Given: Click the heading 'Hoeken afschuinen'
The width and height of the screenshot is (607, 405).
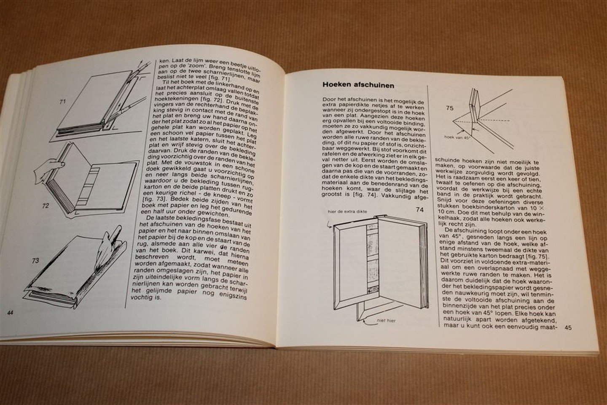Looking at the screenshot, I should pyautogui.click(x=358, y=85).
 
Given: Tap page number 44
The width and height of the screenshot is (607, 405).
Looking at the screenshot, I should pyautogui.click(x=11, y=312).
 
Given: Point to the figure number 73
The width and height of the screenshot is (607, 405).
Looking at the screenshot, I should pyautogui.click(x=36, y=260).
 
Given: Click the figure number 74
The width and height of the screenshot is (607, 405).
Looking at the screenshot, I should pyautogui.click(x=419, y=209).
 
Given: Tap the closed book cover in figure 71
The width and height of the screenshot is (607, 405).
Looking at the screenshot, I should pyautogui.click(x=89, y=101).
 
